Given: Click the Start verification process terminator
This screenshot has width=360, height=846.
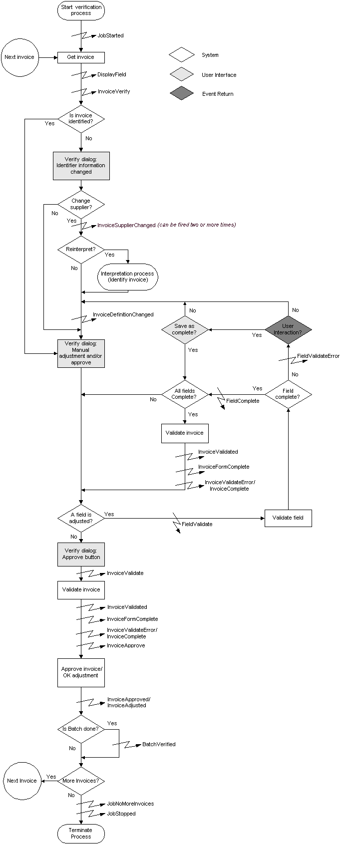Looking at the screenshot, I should coord(81,10).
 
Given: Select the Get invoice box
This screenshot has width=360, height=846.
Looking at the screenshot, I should coord(81,57).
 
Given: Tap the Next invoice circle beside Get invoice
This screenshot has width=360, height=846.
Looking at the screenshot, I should coord(19,57).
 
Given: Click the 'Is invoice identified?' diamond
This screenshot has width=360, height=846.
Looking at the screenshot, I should coord(81,119).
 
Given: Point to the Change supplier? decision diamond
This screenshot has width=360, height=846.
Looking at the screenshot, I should coord(81,204).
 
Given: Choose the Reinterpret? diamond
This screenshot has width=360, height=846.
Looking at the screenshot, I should coord(81,249).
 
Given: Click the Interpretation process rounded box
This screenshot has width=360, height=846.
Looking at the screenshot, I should coord(128,277).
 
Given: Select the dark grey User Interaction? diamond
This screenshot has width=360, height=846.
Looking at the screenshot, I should coord(288,329).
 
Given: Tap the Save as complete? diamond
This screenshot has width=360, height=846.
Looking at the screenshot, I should coord(185,329).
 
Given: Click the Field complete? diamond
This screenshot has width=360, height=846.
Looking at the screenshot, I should coord(288,394).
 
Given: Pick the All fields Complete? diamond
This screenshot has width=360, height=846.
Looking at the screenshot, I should coord(185,394).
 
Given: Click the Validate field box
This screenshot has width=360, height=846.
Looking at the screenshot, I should coord(288,518).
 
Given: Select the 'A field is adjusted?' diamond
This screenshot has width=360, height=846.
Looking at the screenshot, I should coord(81,518).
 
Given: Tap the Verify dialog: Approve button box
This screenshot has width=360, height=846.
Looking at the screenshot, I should coord(81,554).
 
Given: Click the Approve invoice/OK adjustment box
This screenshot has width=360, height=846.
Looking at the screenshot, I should coord(81,672).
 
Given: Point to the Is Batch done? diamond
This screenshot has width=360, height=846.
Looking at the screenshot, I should coord(81,729).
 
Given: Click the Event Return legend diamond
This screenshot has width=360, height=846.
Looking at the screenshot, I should coord(182,94).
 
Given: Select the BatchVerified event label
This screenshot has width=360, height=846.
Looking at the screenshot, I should coord(159,744).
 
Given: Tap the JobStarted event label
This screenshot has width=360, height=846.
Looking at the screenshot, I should coord(110,36).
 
